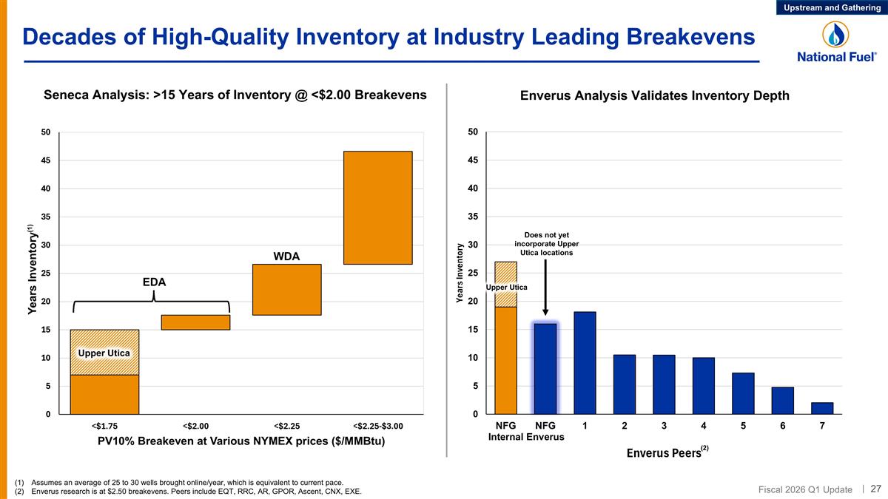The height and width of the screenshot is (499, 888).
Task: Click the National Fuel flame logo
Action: pyautogui.click(x=835, y=35)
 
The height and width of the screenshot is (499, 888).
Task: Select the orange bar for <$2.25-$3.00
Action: pyautogui.click(x=377, y=208)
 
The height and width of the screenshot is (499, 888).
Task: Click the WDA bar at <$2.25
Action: pyautogui.click(x=286, y=290)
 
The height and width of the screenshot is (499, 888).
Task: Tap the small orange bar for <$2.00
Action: pyautogui.click(x=195, y=322)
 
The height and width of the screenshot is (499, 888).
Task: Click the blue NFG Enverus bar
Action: pyautogui.click(x=545, y=368)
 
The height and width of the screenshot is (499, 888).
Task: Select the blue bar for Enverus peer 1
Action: pyautogui.click(x=585, y=362)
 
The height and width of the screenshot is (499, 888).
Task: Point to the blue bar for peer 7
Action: pyautogui.click(x=822, y=408)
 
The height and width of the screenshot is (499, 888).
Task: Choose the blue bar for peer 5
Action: pyautogui.click(x=743, y=393)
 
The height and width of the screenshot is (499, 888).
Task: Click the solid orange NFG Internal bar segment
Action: pyautogui.click(x=505, y=360)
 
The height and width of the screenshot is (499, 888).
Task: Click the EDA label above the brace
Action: pyautogui.click(x=154, y=282)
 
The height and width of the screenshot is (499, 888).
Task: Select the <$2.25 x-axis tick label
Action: pyautogui.click(x=287, y=426)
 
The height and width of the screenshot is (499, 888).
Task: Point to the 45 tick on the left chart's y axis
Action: pyautogui.click(x=45, y=160)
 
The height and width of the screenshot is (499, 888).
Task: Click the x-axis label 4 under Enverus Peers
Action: pyautogui.click(x=704, y=426)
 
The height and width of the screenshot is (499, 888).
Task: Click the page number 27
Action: pyautogui.click(x=875, y=489)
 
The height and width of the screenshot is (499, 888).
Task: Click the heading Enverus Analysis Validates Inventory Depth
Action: pyautogui.click(x=654, y=96)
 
